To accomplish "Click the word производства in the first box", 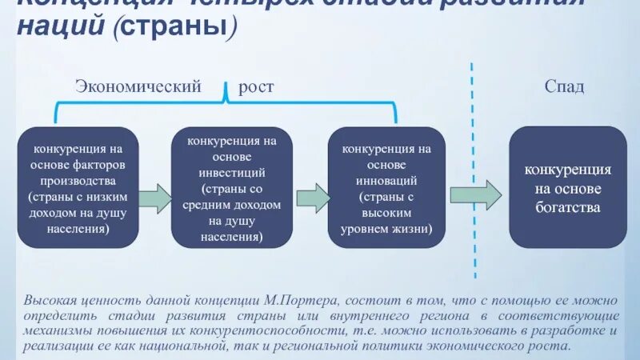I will click(78, 181).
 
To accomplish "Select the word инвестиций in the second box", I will click(232, 173).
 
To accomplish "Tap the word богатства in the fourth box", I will click(568, 207).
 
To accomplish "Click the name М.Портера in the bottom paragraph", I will click(297, 301).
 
